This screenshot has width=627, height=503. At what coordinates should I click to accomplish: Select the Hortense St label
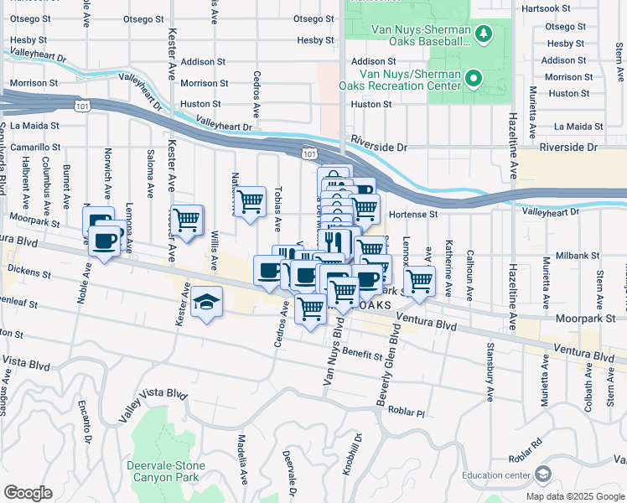[x=410, y=215]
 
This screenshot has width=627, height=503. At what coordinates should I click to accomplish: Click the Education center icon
[x=543, y=474]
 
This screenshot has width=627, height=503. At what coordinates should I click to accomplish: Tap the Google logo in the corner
[x=28, y=493]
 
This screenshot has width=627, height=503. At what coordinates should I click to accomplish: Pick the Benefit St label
[x=362, y=355]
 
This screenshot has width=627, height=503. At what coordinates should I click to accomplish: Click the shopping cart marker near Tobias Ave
[x=250, y=202]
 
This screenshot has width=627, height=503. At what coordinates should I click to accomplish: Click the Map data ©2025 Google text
[x=575, y=496]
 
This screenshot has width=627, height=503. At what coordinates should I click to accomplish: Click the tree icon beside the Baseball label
[x=484, y=34]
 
